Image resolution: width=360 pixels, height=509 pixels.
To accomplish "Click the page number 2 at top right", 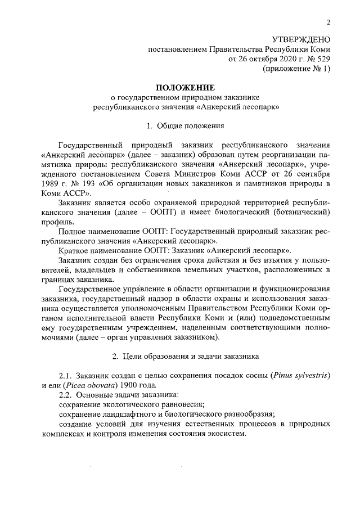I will point(328,22).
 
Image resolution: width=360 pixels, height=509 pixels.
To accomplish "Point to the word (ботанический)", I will point(297,213).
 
